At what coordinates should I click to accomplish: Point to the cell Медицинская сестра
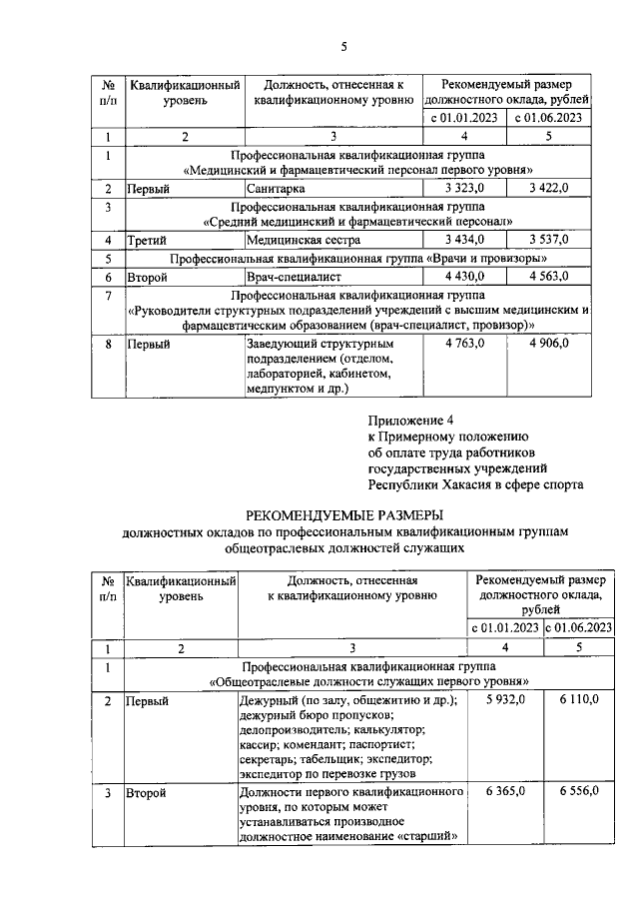coord(302,240)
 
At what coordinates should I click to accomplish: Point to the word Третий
coord(146,240)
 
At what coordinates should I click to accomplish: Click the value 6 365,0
coord(505,791)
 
